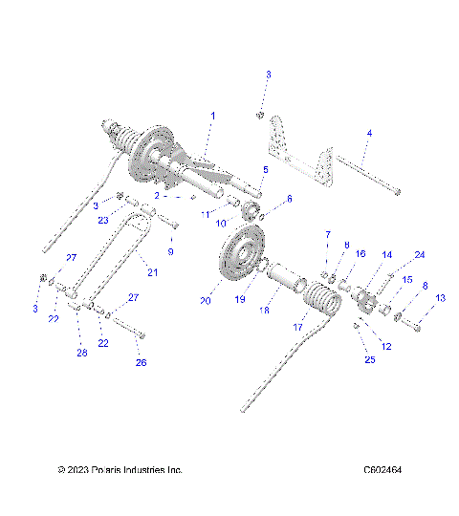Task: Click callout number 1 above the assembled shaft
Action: coord(212,116)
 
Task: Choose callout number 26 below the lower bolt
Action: coord(142,362)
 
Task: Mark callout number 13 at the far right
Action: coord(440,298)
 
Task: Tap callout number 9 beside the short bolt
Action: coord(171,251)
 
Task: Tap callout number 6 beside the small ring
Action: coord(290,198)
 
